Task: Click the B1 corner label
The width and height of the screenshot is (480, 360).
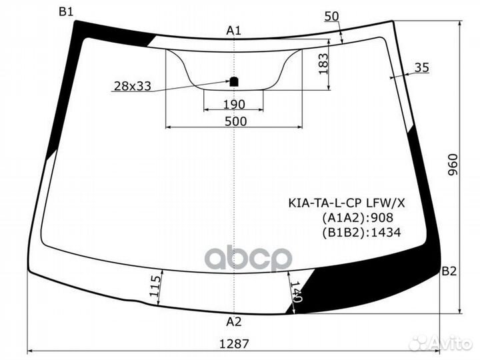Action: coord(66,11)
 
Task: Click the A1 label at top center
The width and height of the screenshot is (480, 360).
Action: coord(233,30)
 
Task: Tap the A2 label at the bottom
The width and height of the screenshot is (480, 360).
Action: coord(233,322)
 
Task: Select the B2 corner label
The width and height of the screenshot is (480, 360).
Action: coord(449,271)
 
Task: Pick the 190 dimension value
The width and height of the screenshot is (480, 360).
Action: coord(233,105)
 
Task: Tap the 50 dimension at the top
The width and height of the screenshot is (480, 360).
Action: coord(331,16)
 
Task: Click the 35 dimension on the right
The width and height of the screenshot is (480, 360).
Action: coord(421,67)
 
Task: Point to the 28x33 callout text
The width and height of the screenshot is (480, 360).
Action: coord(132,85)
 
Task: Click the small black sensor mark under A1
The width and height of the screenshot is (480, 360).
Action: coord(234,83)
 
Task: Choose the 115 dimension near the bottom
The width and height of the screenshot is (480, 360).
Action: coord(155,286)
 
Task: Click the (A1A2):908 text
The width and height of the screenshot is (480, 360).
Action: coord(358,217)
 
